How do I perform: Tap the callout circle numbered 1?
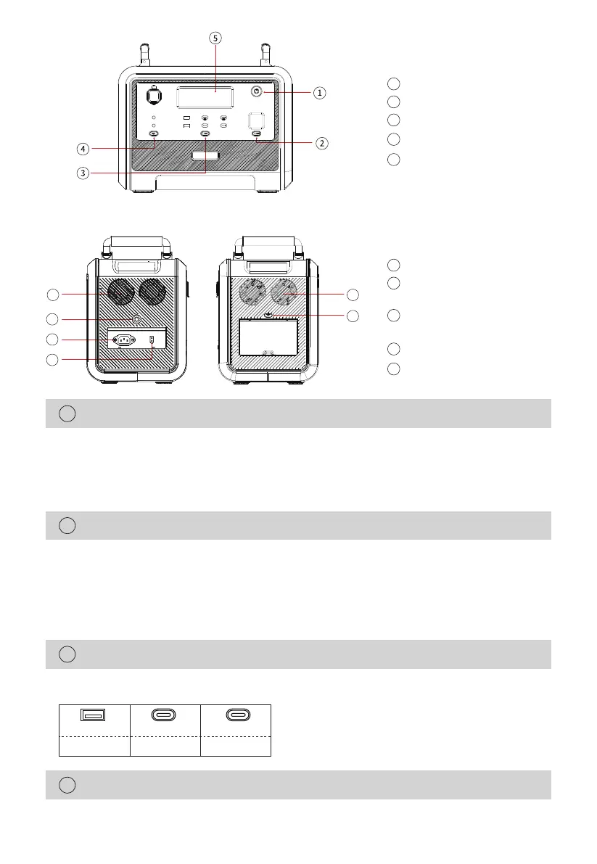pos(320,93)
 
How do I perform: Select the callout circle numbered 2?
pos(321,143)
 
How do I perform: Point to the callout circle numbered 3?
pos(85,173)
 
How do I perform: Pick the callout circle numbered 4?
pos(85,149)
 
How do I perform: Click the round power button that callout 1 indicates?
pos(258,92)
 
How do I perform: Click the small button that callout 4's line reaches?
pos(154,134)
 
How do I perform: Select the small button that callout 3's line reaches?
pos(205,134)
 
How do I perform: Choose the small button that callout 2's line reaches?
pos(257,134)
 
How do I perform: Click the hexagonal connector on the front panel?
pos(154,96)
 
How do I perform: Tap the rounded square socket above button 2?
pos(257,120)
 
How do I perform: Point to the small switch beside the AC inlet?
pos(152,340)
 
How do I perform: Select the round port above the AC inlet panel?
pos(135,318)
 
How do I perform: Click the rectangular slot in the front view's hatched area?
pos(205,157)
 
